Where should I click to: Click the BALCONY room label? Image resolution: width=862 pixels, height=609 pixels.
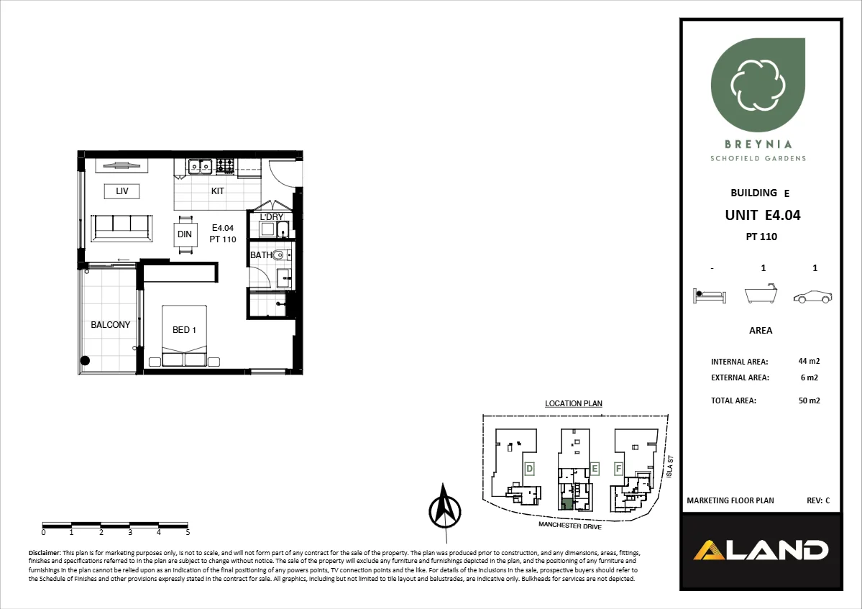point(111,325)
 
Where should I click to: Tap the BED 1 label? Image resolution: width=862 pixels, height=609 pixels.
point(185,330)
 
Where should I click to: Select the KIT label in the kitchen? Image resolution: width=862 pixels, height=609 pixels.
point(217,191)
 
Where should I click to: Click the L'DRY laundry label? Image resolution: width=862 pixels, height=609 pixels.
point(271,217)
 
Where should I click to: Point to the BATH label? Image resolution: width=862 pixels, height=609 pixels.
point(260,255)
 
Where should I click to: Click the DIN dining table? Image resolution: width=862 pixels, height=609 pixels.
point(185,234)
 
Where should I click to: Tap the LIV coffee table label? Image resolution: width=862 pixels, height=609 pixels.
point(121,191)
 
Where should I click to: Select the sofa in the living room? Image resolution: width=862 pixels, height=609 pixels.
point(121,226)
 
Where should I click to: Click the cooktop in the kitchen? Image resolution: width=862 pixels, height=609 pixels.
point(225,166)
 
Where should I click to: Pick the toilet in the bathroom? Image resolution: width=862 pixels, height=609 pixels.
point(282,254)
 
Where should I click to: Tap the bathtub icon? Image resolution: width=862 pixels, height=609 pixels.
point(763,295)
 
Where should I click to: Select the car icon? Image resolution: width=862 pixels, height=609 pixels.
point(813,296)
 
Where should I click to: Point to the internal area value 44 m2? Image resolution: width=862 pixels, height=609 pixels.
point(809,362)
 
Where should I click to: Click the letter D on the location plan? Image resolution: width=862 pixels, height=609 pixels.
point(529,469)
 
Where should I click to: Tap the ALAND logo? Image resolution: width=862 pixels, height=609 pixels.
point(761,551)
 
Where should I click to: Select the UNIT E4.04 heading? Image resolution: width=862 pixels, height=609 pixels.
point(762,214)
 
